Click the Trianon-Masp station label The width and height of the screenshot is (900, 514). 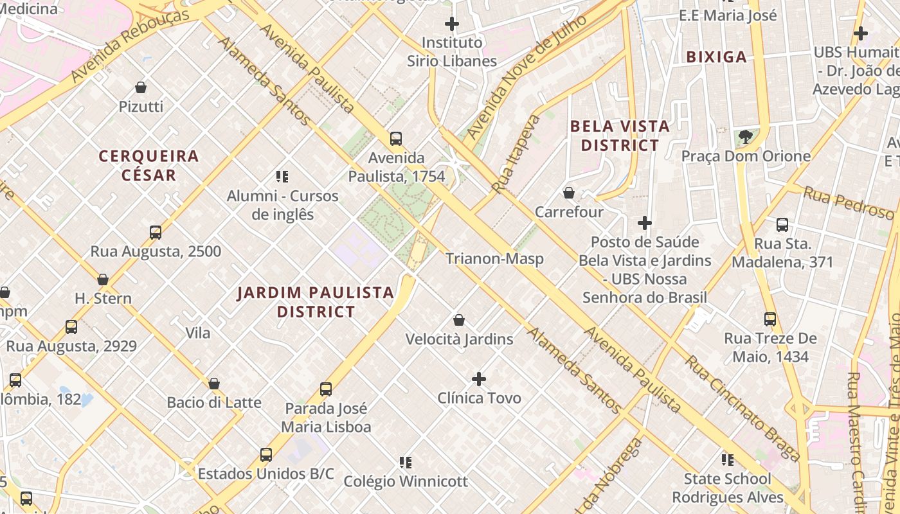tap(494, 258)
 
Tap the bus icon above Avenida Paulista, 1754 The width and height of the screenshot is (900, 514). tap(396, 138)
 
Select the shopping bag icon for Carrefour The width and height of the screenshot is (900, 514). tap(569, 193)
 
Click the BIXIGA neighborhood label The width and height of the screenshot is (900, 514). tap(716, 57)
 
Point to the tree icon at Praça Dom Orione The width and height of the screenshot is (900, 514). tap(746, 137)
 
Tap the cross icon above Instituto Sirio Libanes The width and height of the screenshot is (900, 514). tap(452, 24)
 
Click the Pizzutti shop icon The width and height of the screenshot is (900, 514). tap(141, 87)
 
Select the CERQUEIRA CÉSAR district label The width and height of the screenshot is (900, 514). tap(148, 165)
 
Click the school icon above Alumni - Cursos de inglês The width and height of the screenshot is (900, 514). tap(282, 176)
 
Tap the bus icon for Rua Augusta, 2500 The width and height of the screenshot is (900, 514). tap(155, 233)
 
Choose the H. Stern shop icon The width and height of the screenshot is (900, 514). tap(103, 279)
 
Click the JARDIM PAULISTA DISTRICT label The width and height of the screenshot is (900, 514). tap(316, 302)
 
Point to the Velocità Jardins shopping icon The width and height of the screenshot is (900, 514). tap(459, 320)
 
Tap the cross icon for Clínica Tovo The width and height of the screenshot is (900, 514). tap(479, 379)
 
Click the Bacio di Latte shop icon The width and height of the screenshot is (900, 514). tap(214, 384)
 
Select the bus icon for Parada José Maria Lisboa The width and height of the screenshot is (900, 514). tap(326, 389)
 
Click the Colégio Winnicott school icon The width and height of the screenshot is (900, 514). tap(405, 462)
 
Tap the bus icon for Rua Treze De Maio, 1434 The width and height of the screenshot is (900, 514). tap(770, 319)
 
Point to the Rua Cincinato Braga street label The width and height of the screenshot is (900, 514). tap(742, 408)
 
